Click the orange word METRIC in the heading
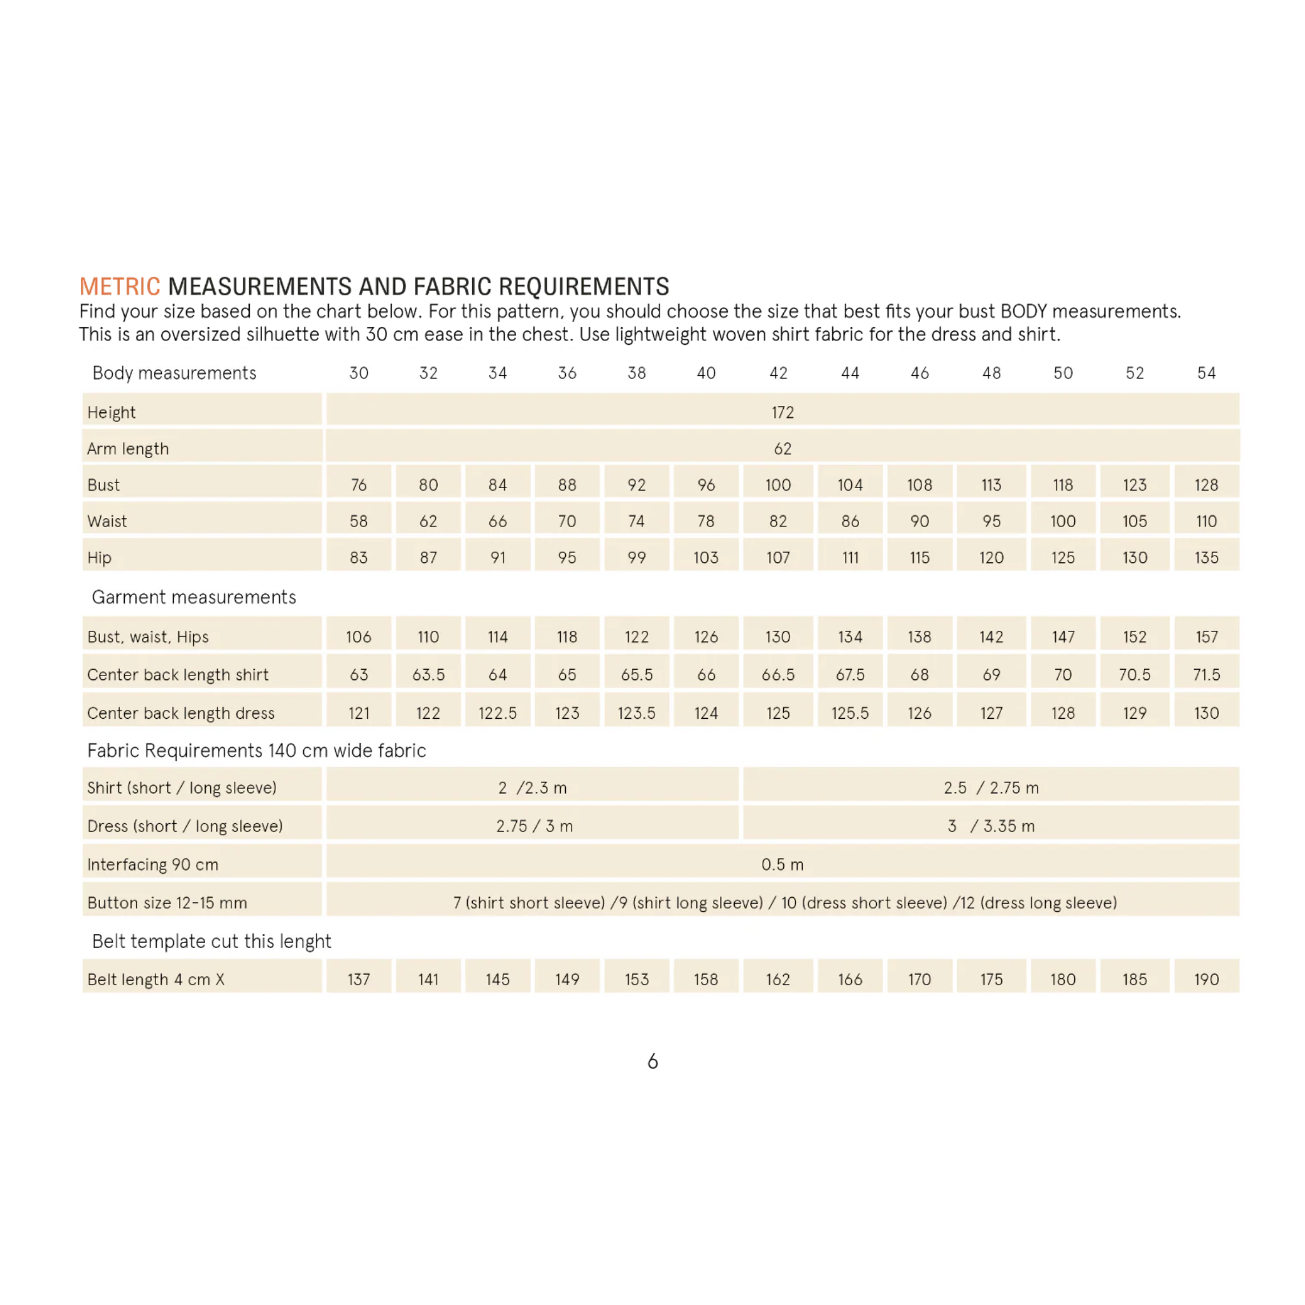click(120, 286)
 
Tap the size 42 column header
click(778, 373)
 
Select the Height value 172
click(782, 412)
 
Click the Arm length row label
click(127, 449)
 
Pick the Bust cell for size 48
click(991, 485)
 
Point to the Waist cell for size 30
click(359, 521)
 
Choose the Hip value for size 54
click(1206, 558)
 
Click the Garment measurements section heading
click(194, 597)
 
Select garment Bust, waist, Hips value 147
click(1062, 637)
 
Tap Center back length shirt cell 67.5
click(850, 674)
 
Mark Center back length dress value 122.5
click(497, 712)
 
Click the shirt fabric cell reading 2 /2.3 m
click(532, 788)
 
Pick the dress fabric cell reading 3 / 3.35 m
click(991, 825)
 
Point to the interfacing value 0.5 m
click(782, 864)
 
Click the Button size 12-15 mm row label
click(167, 902)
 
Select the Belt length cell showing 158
click(706, 979)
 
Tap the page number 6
click(652, 1061)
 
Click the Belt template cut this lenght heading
click(212, 941)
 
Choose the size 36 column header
click(566, 373)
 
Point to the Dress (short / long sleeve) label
click(184, 825)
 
